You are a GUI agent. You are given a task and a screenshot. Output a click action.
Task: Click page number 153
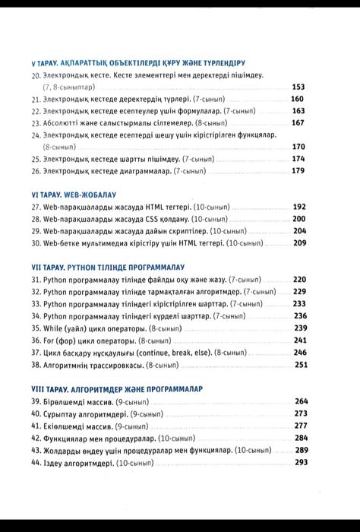click(x=298, y=87)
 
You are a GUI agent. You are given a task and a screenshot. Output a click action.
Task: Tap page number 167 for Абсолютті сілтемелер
click(x=298, y=122)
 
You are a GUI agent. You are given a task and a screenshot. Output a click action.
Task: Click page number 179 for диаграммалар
click(x=298, y=171)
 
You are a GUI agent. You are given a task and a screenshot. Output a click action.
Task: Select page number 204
click(x=299, y=230)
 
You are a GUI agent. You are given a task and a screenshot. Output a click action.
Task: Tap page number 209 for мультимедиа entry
click(x=299, y=242)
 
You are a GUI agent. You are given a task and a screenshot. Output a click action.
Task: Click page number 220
click(x=299, y=279)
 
